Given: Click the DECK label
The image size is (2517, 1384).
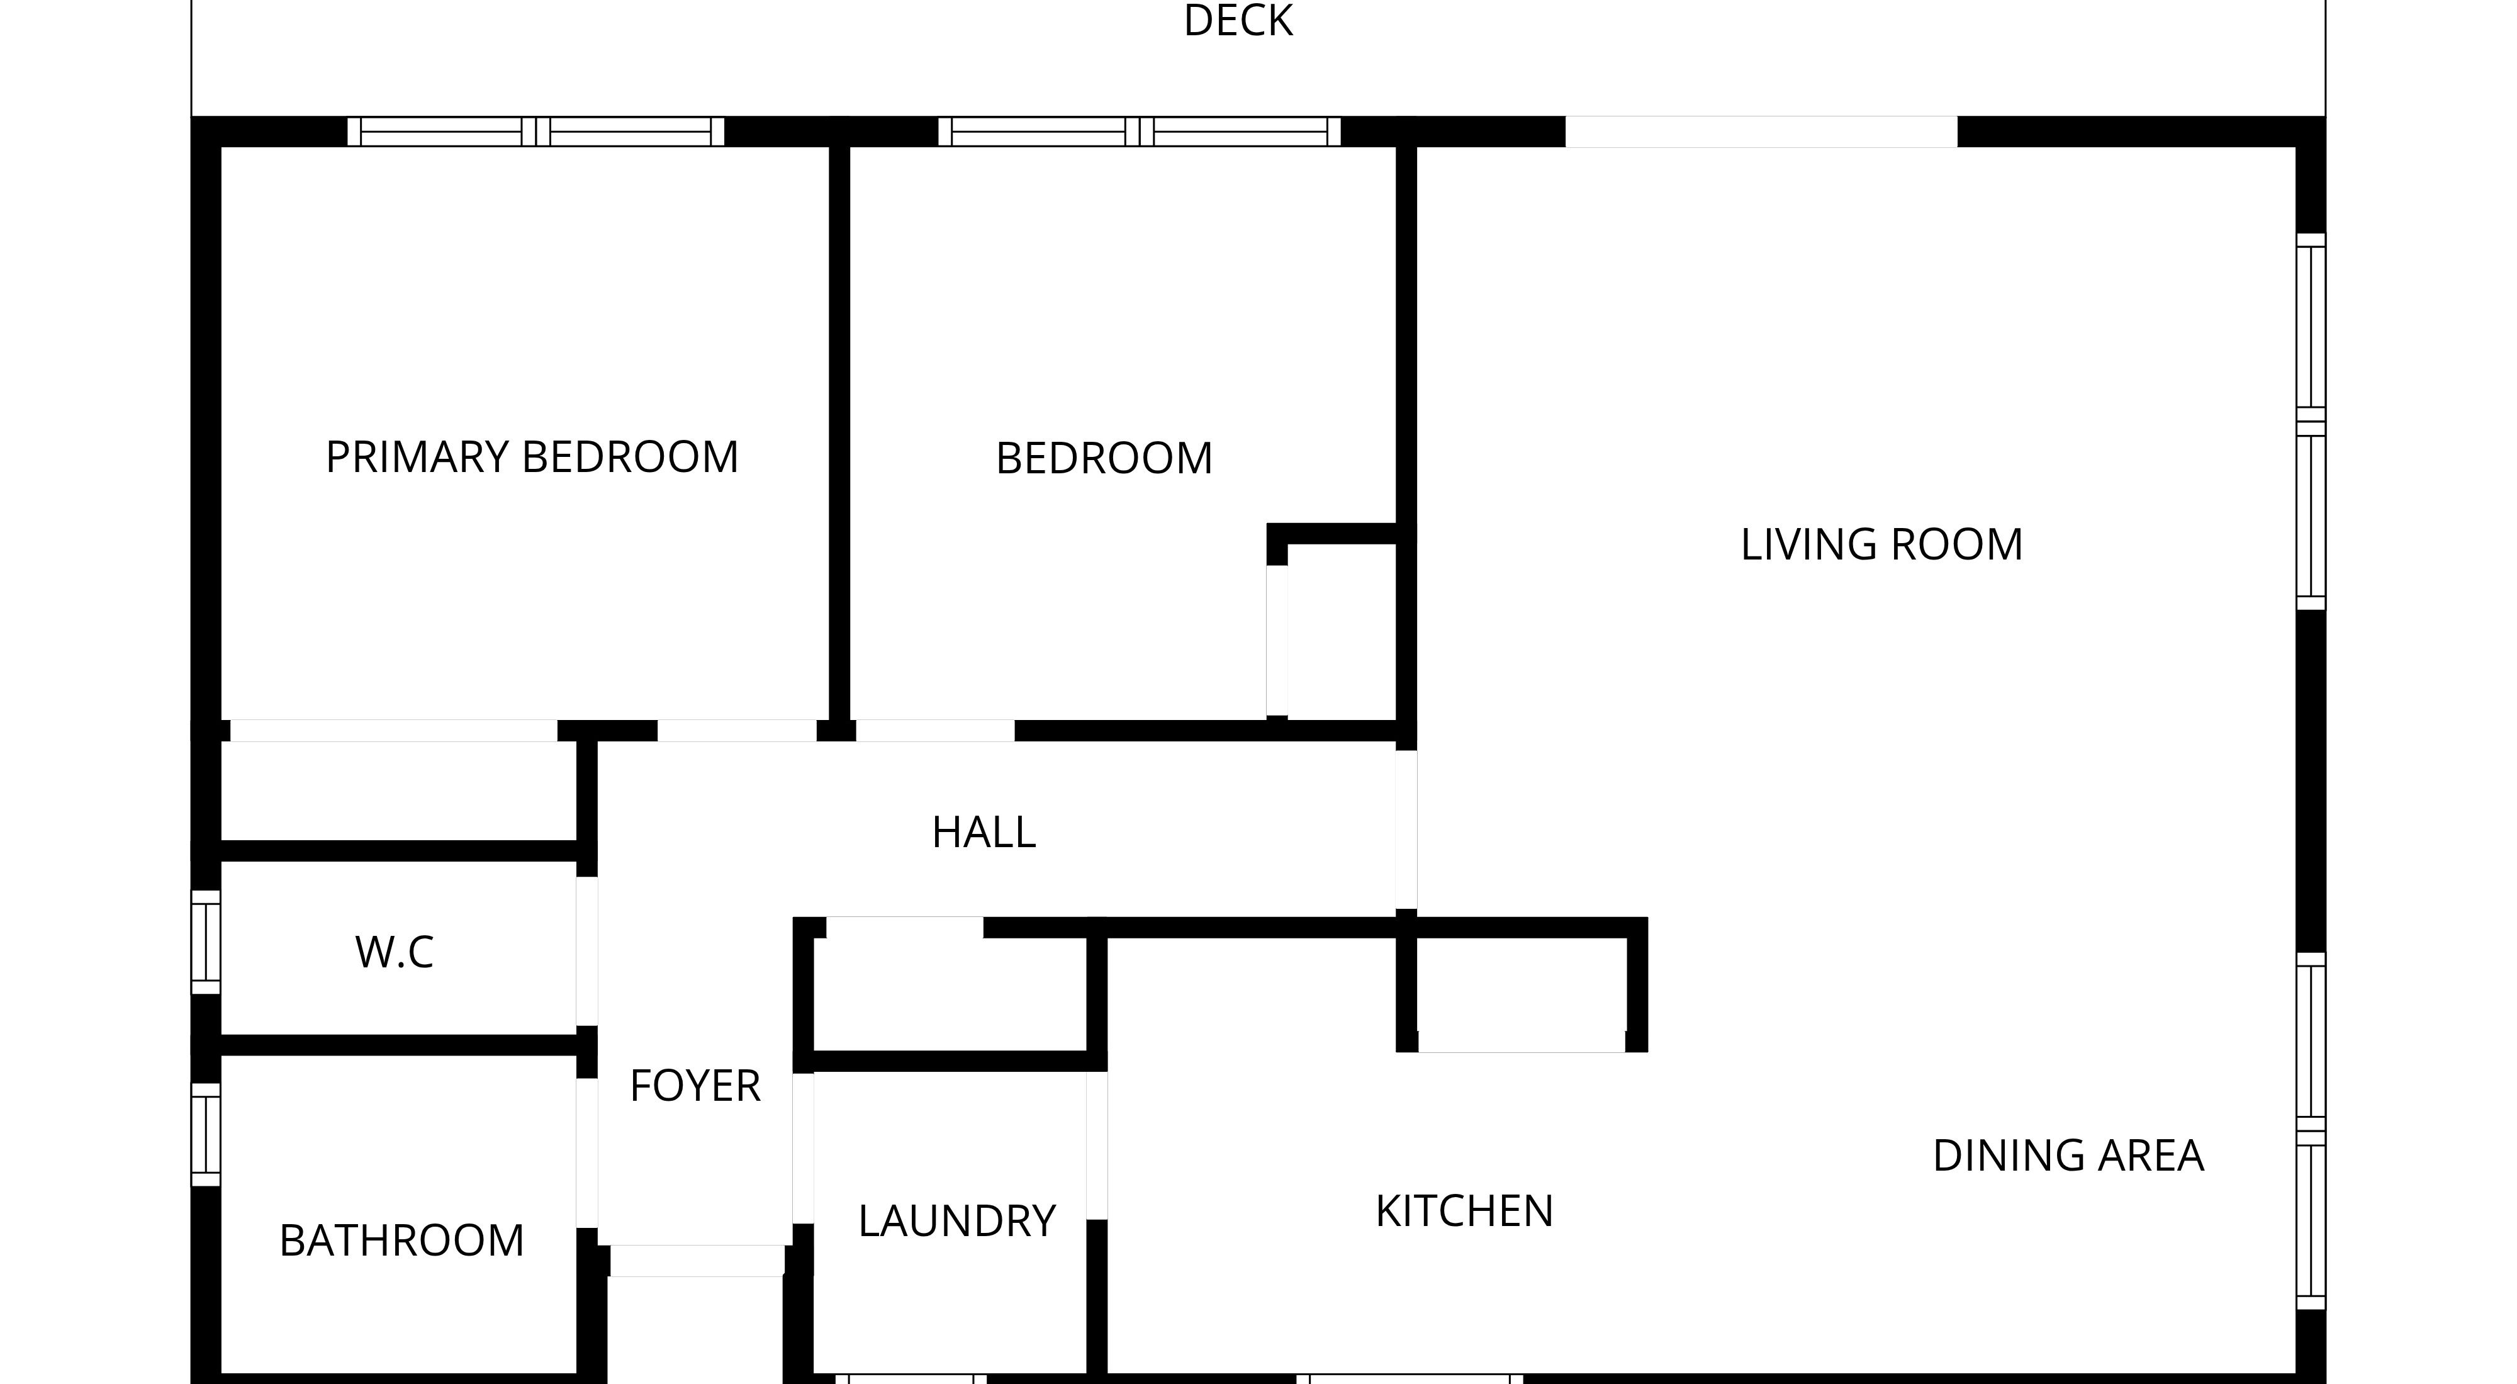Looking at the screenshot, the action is coord(1238,21).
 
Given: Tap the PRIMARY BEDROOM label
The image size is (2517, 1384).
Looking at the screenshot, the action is coord(532,458).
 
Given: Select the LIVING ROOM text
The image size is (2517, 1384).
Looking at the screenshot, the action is coord(1881,544).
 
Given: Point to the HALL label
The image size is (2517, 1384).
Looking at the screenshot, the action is coord(983,832).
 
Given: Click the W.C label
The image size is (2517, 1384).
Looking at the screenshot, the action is coord(394,952).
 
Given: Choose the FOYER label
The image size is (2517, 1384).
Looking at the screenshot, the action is coord(695,1085).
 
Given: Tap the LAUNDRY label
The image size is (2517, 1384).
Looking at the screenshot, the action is coord(956,1221).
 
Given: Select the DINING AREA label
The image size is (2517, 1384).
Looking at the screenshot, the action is coord(2068,1156).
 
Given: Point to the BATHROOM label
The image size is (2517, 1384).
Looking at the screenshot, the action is coord(401,1241).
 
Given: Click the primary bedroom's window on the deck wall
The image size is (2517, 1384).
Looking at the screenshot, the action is coord(535,131).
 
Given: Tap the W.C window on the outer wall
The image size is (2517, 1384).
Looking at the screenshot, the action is coord(205,942).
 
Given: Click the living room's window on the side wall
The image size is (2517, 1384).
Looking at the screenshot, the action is coord(2310,421).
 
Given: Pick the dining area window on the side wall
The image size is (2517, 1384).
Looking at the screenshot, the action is coord(2310,1131).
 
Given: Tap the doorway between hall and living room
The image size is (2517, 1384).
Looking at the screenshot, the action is coord(1406,830).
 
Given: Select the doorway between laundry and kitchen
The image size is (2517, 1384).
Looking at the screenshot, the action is coord(1096,1145).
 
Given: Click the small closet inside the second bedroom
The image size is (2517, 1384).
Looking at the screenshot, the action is coord(1340,631).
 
